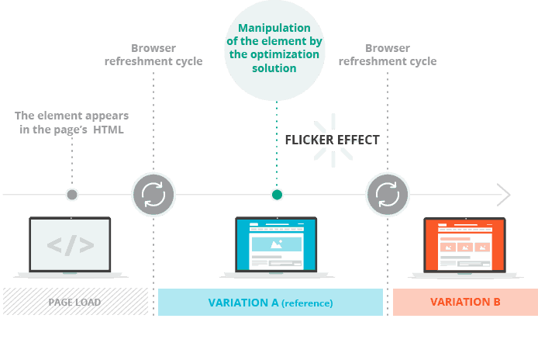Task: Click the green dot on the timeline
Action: [x=277, y=195]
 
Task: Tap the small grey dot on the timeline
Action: [x=72, y=195]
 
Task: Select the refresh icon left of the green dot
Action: [x=153, y=195]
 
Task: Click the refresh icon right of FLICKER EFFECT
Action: [x=388, y=195]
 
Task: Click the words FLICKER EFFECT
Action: [x=332, y=140]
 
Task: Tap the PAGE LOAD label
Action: [x=74, y=303]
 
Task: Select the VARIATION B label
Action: [x=465, y=302]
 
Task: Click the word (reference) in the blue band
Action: [x=307, y=303]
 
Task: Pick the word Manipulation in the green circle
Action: [x=274, y=28]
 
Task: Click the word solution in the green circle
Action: [x=274, y=68]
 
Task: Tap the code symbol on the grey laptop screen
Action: [x=71, y=245]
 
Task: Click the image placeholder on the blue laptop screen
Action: [x=277, y=244]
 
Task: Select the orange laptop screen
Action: [x=464, y=245]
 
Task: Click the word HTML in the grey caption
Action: [x=108, y=130]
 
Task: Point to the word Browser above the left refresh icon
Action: [x=153, y=48]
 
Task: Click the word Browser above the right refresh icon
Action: [x=388, y=48]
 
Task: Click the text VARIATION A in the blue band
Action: [x=243, y=303]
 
